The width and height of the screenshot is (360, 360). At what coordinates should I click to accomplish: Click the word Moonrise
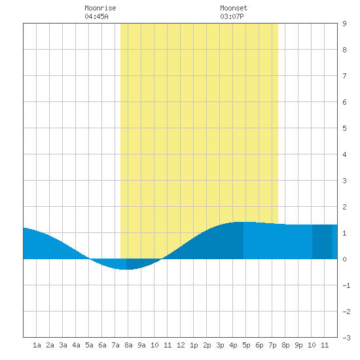point(100,8)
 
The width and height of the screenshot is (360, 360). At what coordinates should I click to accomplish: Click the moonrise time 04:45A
point(96,16)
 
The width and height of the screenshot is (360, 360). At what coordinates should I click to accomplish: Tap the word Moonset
point(234,8)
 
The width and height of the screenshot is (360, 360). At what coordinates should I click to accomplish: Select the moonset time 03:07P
point(232,16)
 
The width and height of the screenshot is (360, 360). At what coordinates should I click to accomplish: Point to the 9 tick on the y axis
point(344,24)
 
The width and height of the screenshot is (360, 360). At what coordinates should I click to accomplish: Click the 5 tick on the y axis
point(344,128)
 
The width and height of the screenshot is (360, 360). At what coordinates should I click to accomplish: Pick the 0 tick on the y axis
point(344,259)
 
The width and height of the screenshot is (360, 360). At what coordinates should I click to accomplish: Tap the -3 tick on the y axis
point(346,338)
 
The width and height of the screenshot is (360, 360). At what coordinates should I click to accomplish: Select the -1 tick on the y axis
point(346,285)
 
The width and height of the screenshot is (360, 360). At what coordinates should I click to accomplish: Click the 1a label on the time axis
point(37,345)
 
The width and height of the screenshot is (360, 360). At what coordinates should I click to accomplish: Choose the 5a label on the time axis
point(89,345)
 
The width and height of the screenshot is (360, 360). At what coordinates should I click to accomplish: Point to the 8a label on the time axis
point(128,345)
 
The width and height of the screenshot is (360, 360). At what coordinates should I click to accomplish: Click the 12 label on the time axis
point(181,345)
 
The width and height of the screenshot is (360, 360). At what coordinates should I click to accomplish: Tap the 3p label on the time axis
point(220,345)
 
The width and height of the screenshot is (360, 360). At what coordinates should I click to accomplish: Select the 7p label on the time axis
point(272,345)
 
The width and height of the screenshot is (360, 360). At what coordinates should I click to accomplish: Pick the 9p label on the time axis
point(298,345)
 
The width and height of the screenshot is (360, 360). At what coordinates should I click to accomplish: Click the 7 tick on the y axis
point(344,76)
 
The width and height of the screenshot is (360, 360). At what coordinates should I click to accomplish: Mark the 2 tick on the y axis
point(344,207)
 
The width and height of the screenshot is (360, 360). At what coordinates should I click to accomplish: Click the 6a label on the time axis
point(102,345)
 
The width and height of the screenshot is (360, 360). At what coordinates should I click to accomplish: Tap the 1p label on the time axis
point(194,345)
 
